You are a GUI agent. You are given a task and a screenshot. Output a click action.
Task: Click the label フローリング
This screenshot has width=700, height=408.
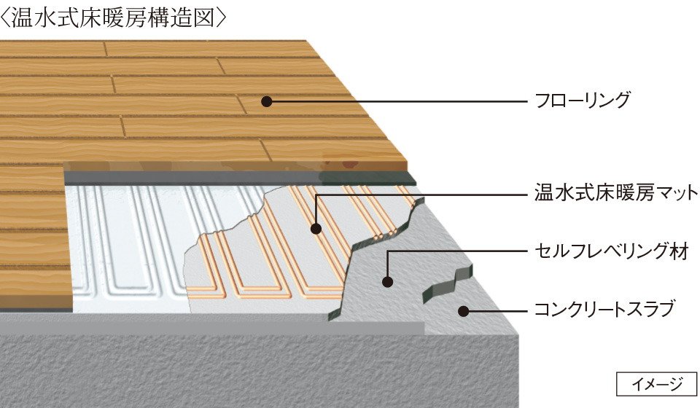[583, 101]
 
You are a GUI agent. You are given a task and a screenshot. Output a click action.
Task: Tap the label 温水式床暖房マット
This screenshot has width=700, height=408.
[616, 192]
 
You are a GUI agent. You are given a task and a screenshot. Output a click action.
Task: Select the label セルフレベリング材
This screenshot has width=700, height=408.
[612, 251]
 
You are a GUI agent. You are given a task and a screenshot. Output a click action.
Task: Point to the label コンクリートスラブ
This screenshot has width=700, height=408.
[604, 309]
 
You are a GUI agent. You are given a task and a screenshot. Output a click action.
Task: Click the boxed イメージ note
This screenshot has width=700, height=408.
[657, 384]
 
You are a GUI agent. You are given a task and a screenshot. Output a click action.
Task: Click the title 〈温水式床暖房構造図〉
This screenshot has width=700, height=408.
[114, 18]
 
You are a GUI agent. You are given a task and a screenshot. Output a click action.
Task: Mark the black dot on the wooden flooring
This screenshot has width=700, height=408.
[267, 102]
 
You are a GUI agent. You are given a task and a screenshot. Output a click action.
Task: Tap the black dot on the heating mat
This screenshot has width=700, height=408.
[316, 229]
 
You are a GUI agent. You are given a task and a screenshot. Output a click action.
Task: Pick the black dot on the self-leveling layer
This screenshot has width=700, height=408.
[387, 281]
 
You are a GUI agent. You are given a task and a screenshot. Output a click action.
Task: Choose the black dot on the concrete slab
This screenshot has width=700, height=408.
[464, 311]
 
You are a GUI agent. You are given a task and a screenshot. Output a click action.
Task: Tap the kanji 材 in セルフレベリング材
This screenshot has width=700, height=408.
[679, 251]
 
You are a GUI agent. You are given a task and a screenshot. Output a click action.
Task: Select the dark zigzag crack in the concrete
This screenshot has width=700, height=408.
[446, 284]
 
